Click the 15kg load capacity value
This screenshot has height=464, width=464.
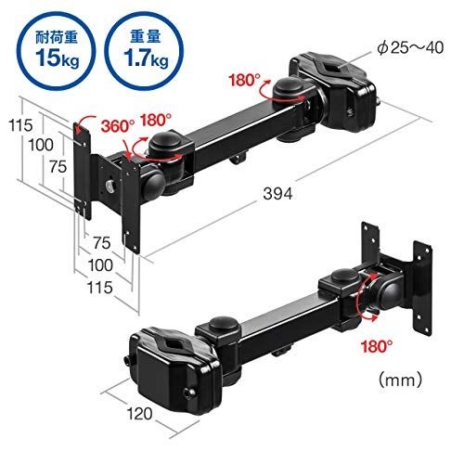tap(57, 58)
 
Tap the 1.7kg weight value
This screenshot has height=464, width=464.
tap(146, 58)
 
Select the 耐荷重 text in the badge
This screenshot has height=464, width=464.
tap(57, 38)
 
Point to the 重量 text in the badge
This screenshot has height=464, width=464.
tap(146, 37)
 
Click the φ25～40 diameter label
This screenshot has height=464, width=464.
tap(410, 48)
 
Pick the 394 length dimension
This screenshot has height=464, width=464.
tap(277, 194)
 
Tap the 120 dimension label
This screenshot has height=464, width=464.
tap(139, 414)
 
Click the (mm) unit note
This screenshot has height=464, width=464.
tap(400, 380)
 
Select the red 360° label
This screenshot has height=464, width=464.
tap(118, 126)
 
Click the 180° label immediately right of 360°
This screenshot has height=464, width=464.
tap(156, 120)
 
